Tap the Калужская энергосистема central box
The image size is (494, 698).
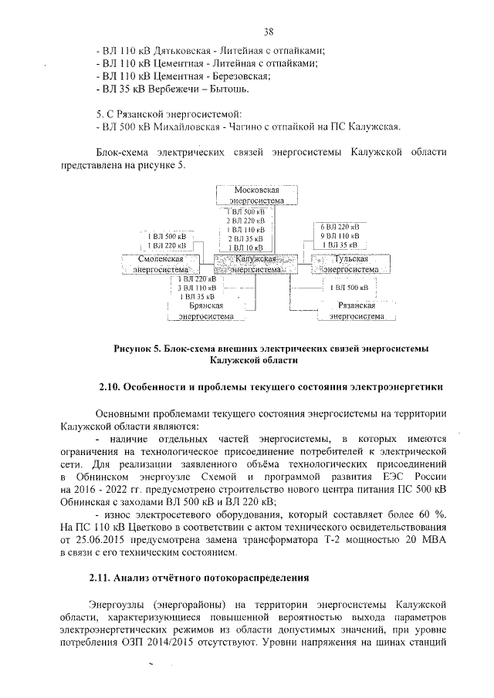245,265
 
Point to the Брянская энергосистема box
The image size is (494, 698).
205,310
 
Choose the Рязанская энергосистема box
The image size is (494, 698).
357,310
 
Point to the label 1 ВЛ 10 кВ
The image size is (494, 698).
245,248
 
